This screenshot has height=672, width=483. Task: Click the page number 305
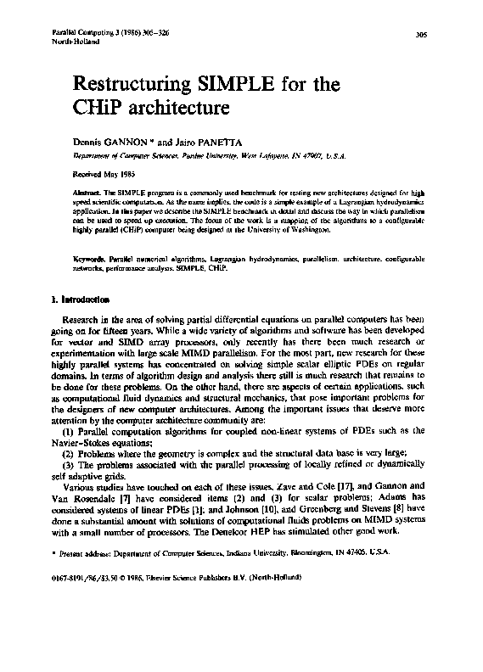tap(419, 35)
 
